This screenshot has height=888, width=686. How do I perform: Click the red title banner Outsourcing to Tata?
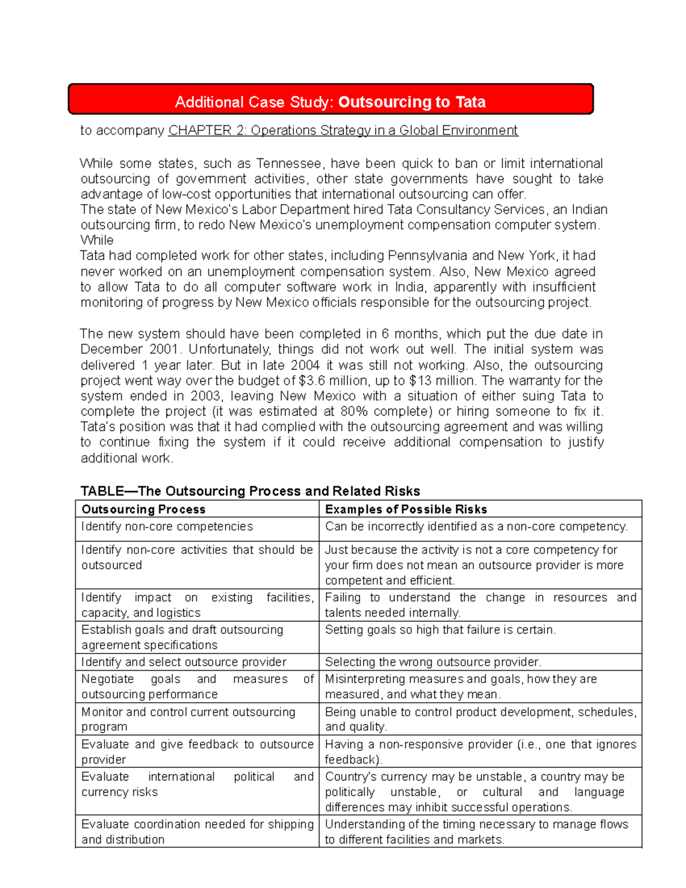click(x=330, y=102)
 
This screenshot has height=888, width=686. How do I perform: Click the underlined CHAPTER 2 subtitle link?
click(x=343, y=130)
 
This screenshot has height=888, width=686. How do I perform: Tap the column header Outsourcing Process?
click(x=143, y=509)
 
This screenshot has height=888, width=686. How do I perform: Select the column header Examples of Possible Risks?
click(x=406, y=509)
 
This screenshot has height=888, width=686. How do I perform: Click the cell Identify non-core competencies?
click(x=167, y=526)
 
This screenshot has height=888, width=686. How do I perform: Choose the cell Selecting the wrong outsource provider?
click(x=433, y=662)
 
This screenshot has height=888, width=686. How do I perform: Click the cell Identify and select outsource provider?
click(x=184, y=662)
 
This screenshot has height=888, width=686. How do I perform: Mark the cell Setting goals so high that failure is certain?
click(x=440, y=630)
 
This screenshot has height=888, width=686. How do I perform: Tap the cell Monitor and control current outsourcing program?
click(x=188, y=719)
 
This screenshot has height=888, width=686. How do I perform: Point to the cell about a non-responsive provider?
click(x=480, y=751)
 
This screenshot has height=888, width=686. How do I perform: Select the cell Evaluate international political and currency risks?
click(x=197, y=784)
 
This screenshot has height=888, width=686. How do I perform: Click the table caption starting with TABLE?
click(x=250, y=491)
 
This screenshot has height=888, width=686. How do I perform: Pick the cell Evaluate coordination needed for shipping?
click(x=197, y=831)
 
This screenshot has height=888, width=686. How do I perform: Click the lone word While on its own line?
click(x=97, y=240)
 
